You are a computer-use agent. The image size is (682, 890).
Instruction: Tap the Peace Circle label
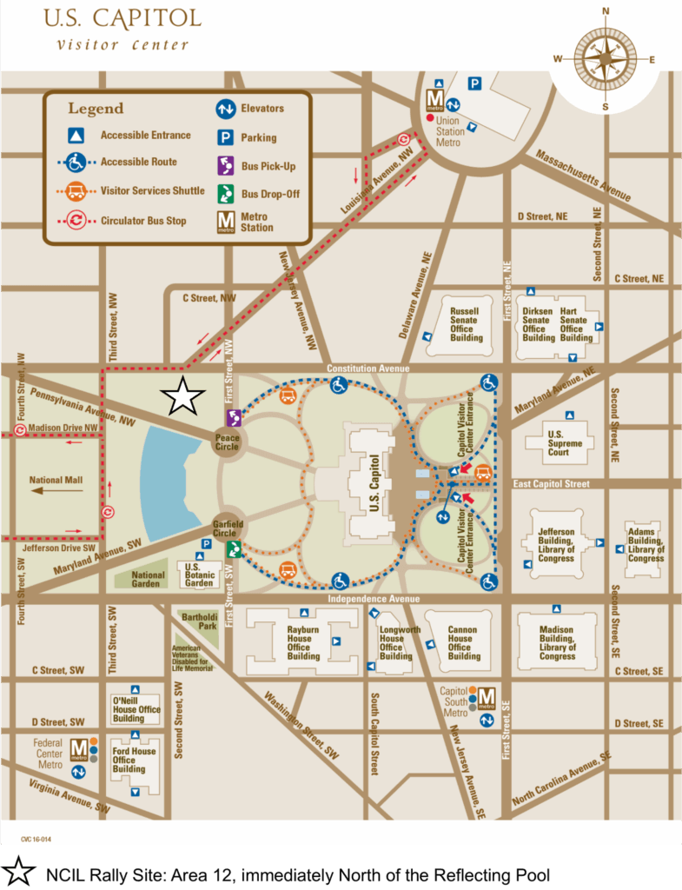click(228, 442)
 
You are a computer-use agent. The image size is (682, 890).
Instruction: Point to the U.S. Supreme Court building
click(559, 442)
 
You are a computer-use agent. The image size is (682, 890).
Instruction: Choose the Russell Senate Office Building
click(463, 325)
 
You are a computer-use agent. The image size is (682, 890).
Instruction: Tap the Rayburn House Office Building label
click(303, 643)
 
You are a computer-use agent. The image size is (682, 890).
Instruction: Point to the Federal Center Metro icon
click(79, 749)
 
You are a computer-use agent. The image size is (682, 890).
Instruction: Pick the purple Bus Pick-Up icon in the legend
click(225, 165)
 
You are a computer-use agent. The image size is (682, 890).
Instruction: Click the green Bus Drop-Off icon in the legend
click(225, 193)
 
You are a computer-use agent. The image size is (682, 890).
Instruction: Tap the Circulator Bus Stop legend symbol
click(76, 221)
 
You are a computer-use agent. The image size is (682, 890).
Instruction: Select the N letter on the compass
click(606, 11)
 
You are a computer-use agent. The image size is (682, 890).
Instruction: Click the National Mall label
click(56, 480)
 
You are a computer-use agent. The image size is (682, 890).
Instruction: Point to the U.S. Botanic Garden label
click(199, 575)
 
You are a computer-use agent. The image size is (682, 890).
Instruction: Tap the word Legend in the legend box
click(96, 109)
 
